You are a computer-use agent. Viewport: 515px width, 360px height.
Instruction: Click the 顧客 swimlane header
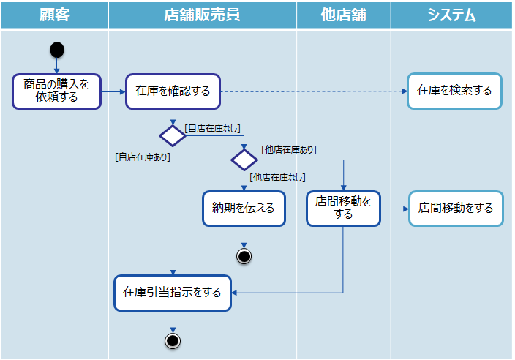pos(54,15)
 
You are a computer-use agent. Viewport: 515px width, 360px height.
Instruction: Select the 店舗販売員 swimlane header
pos(202,15)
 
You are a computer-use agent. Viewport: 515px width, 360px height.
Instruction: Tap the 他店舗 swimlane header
pos(343,15)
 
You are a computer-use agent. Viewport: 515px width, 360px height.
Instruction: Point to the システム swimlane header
pos(451,15)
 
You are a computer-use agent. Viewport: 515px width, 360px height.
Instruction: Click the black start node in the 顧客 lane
pos(57,50)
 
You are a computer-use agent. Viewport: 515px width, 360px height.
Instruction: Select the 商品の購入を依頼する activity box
pos(56,91)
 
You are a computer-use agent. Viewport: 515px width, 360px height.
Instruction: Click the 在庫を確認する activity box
pos(173,91)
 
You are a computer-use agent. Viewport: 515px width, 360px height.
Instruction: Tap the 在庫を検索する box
pos(454,91)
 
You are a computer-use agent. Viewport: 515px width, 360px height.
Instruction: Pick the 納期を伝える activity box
pos(243,208)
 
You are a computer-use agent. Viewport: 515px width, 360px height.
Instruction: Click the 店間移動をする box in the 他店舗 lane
pos(343,208)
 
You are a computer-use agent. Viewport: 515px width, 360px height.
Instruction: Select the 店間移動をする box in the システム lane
pos(456,208)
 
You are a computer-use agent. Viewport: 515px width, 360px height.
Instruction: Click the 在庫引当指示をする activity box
pos(173,293)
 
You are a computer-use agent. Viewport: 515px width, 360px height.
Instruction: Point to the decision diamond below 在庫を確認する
pos(173,135)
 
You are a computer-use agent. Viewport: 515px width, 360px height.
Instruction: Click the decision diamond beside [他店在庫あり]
pos(244,160)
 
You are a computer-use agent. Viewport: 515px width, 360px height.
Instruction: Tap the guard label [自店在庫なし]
pos(213,129)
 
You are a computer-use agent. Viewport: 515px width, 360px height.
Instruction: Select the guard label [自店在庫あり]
pos(142,156)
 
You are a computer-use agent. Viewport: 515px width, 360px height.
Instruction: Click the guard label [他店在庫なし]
pos(277,177)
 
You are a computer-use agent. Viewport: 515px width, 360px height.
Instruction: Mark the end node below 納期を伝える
pos(244,255)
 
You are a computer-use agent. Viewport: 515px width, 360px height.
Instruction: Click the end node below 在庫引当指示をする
pos(173,340)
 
